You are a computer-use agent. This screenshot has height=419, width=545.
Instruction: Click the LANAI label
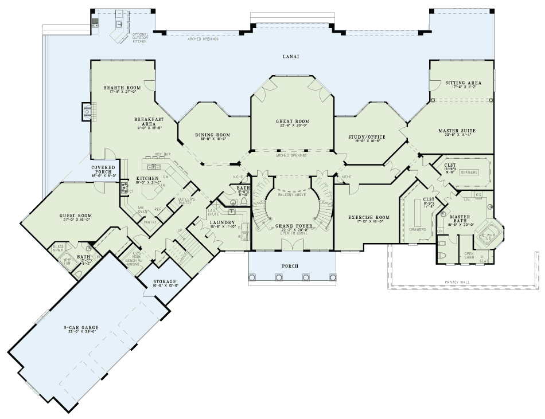pos(291,57)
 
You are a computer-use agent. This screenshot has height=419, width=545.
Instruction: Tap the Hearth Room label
pos(118,88)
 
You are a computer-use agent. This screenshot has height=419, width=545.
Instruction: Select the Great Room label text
pos(293,122)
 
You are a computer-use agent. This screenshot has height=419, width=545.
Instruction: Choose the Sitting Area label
pos(463,83)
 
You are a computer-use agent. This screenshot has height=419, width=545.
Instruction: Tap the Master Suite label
pos(457,131)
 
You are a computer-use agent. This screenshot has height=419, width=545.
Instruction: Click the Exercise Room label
pos(369,218)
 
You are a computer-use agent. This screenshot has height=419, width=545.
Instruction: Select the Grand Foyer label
pos(293,226)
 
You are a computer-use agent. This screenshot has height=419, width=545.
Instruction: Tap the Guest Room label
pos(76,216)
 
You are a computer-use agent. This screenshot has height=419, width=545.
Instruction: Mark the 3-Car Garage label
pos(81,328)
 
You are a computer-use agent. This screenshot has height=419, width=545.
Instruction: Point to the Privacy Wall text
pos(458,283)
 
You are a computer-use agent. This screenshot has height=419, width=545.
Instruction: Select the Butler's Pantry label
pos(186,201)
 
